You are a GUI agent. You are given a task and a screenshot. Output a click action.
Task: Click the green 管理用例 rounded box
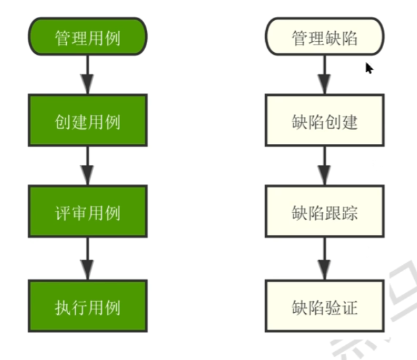88,37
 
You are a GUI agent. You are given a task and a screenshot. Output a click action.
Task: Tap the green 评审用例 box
88,213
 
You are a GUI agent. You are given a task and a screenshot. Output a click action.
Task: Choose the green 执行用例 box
88,306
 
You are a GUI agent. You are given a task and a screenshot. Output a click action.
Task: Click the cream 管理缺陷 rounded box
325,37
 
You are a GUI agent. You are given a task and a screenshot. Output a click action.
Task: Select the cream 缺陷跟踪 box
325,213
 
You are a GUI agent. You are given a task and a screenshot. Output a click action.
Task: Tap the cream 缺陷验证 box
325,306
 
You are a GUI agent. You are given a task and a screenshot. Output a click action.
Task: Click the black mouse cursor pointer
369,68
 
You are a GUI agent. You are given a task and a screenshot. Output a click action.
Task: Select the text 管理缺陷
325,38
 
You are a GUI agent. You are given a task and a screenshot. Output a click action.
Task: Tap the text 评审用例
88,213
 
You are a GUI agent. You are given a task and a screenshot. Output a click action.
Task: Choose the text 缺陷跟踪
325,213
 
